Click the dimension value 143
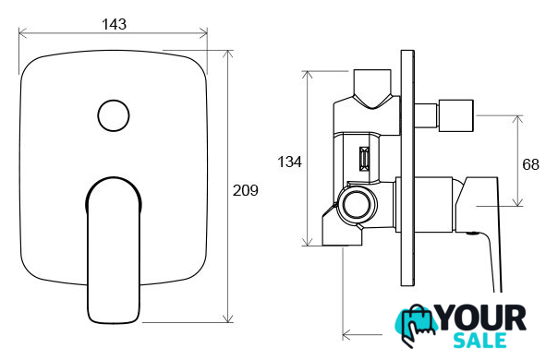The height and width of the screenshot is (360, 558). [x=114, y=24]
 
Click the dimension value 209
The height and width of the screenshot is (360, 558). [x=245, y=191]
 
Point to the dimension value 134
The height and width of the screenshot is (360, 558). [x=289, y=162]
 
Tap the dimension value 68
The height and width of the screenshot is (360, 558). [x=530, y=164]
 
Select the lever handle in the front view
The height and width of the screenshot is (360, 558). [x=114, y=250]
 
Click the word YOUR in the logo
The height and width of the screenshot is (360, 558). [x=482, y=318]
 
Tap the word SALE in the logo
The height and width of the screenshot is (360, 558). [x=479, y=341]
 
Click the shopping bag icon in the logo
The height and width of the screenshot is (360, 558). [x=417, y=325]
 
